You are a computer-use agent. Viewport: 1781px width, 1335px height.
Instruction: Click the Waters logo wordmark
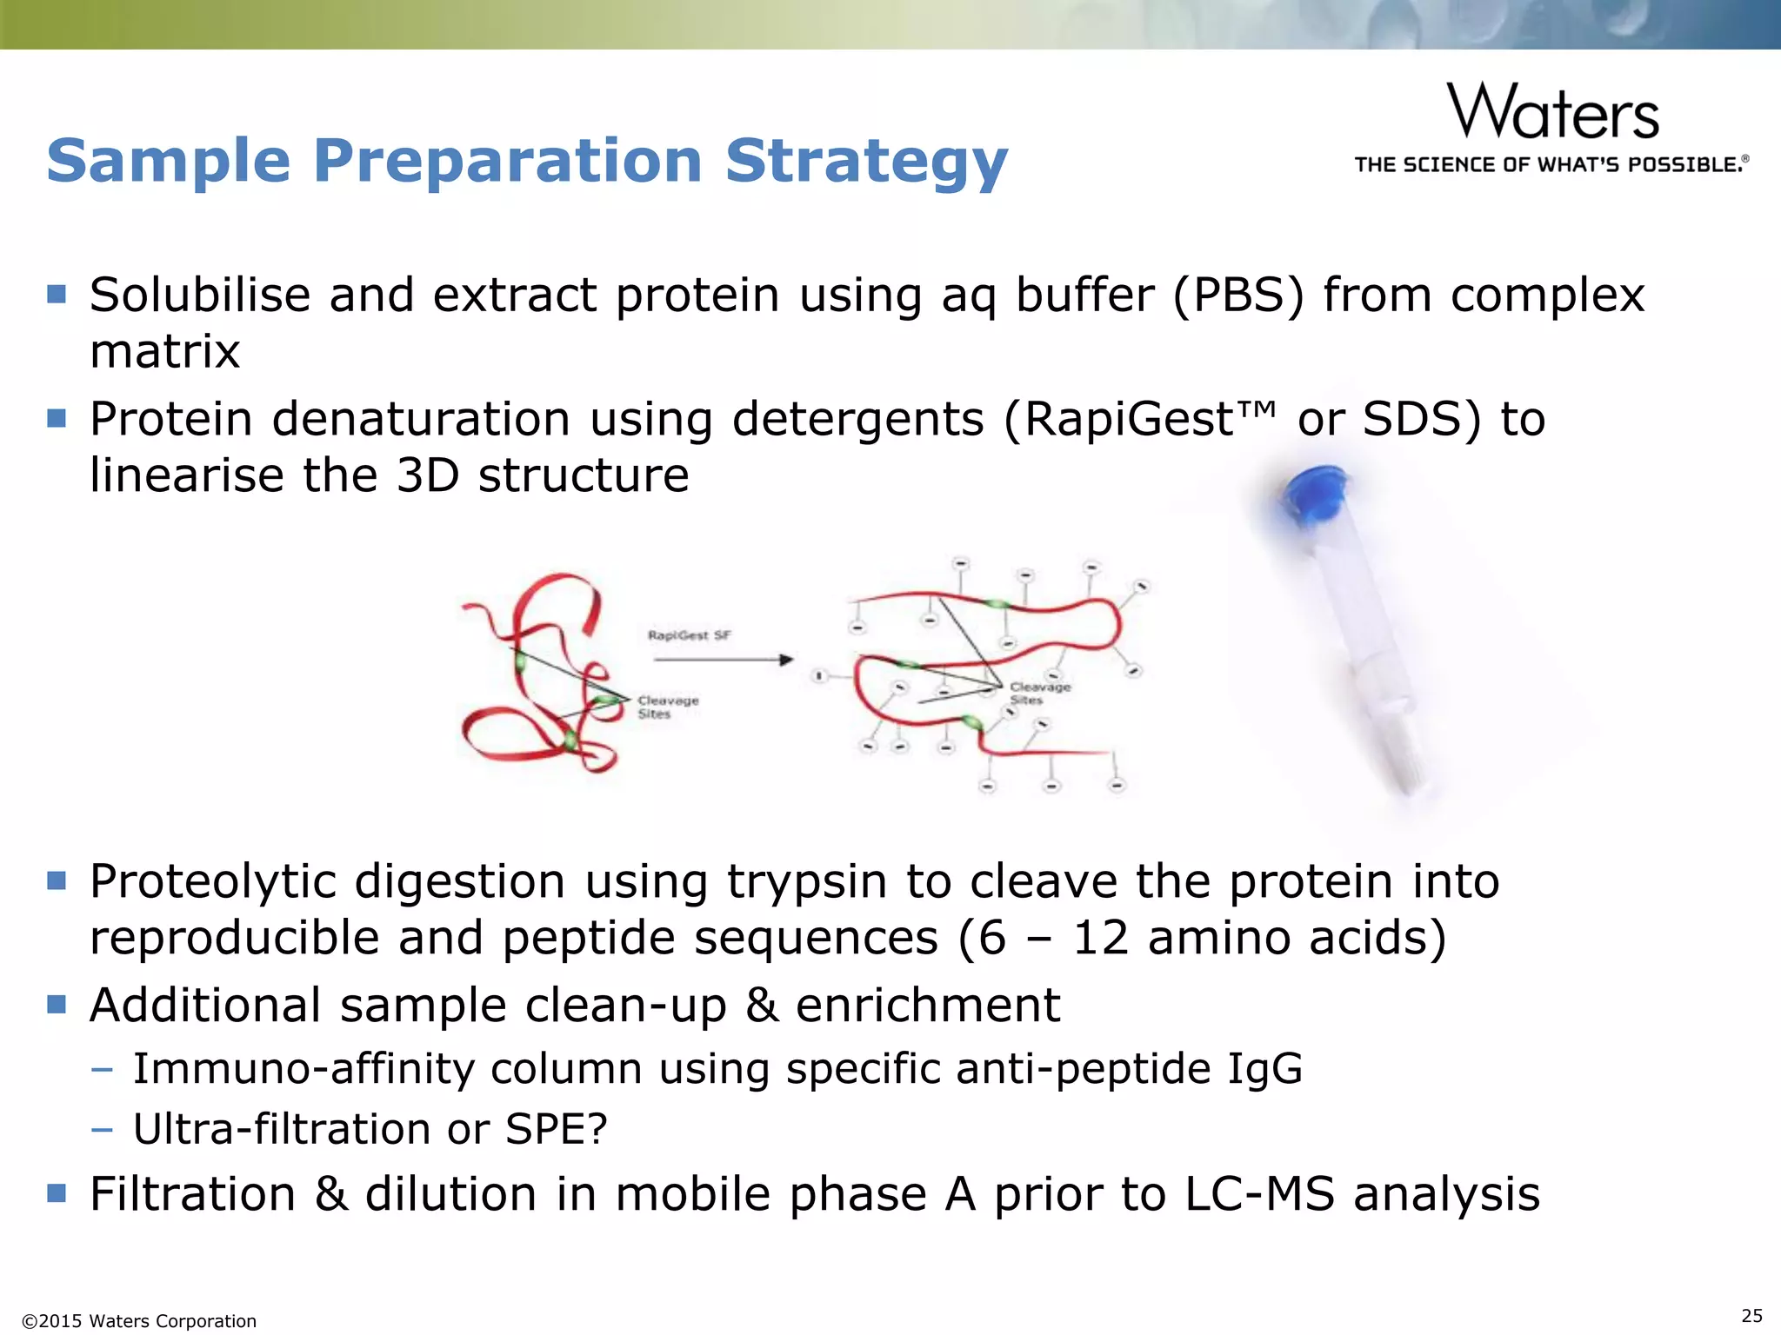[x=1553, y=112]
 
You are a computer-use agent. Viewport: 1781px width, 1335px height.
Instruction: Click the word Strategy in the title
[x=866, y=162]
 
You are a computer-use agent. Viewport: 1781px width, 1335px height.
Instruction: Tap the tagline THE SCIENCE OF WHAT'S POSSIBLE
[x=1551, y=165]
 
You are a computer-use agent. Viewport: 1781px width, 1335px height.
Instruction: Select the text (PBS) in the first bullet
[x=1238, y=296]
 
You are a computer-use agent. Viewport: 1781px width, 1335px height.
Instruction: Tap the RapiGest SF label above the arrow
[x=689, y=635]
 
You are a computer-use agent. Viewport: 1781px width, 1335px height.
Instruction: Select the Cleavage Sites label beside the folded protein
[x=667, y=707]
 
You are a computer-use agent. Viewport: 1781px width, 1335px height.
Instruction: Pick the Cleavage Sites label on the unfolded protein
[x=1039, y=693]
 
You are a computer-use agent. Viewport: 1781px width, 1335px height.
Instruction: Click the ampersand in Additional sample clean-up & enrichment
[x=762, y=1006]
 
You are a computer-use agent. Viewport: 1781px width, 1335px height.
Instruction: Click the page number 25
[x=1751, y=1315]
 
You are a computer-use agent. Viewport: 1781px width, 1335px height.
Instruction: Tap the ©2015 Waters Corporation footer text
[x=139, y=1321]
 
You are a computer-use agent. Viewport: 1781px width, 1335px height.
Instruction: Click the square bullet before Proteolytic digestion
[x=57, y=881]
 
